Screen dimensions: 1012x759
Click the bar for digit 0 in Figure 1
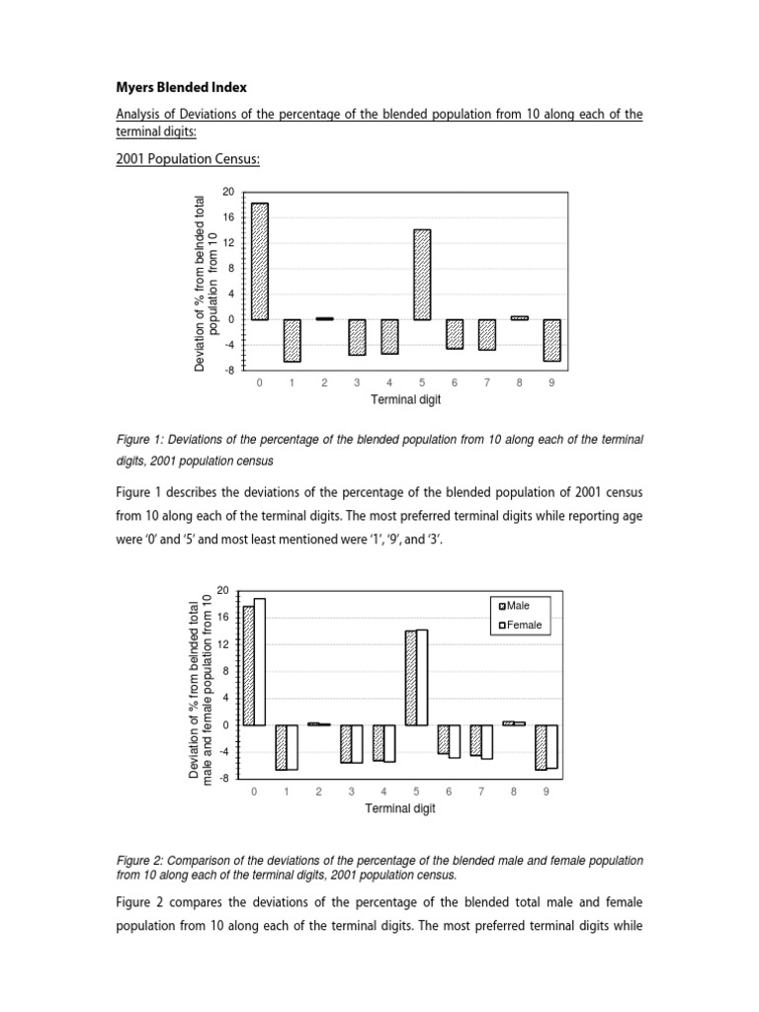click(259, 261)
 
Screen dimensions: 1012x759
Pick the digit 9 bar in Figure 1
click(551, 340)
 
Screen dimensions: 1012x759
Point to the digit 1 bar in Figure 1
click(292, 340)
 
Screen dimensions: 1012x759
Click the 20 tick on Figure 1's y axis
click(228, 192)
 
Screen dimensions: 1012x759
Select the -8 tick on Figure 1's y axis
click(228, 371)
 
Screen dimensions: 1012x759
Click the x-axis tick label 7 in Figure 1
click(486, 383)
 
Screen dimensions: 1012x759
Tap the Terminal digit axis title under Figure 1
click(405, 400)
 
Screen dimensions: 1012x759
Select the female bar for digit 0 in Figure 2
click(259, 661)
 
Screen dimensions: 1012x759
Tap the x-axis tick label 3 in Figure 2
click(351, 792)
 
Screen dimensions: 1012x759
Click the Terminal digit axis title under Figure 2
click(400, 807)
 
